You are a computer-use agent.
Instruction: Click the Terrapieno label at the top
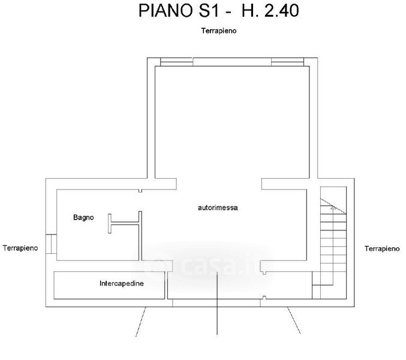pos(218,31)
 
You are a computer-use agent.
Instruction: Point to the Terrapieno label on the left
pos(20,247)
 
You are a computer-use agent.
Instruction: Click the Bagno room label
pos(84,217)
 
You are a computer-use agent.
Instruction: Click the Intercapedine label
pos(121,283)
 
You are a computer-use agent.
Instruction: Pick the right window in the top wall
pos(287,61)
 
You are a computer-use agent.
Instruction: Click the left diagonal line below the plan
pos(142,321)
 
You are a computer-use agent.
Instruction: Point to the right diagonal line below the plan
pos(293,321)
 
